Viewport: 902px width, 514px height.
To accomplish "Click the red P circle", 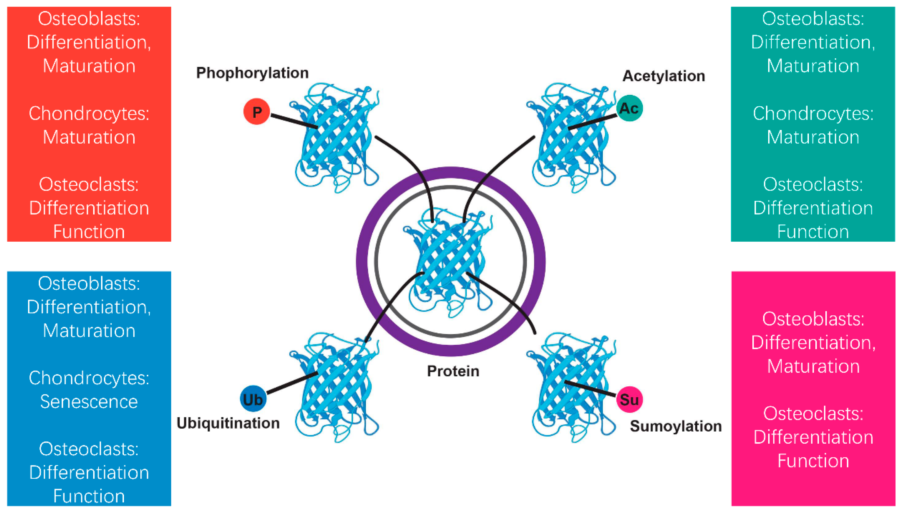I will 256,112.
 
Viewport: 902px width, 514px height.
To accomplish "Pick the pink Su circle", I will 629,399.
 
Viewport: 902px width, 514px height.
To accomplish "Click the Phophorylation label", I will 252,73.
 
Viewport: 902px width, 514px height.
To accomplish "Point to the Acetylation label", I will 663,76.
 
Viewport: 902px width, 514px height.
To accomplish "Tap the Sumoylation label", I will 676,426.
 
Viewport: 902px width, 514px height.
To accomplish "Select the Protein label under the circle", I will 453,371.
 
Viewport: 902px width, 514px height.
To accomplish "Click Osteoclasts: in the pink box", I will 813,413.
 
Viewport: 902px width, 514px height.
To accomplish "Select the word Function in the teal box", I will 813,232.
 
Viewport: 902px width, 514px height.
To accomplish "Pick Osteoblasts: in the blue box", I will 89,283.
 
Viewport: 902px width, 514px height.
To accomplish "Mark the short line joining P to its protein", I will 294,121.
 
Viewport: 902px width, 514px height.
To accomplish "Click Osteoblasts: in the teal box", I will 813,18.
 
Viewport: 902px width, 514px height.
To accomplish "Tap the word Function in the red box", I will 89,232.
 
